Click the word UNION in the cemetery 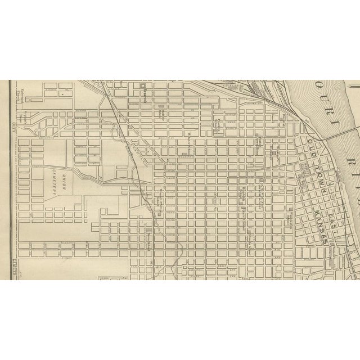[65, 179]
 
